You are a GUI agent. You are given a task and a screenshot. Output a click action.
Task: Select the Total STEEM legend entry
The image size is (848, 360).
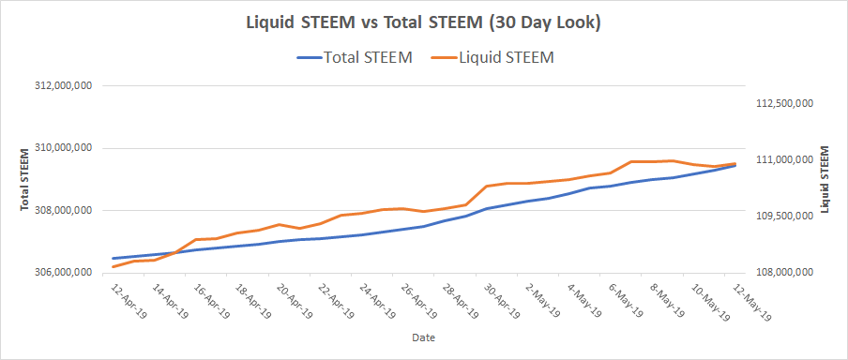coord(355,58)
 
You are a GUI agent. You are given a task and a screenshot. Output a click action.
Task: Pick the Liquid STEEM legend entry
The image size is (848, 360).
coord(492,58)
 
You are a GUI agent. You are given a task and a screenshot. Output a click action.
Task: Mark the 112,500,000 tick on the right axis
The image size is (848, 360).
coord(781,104)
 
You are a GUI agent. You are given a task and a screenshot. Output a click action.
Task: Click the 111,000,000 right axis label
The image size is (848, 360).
coord(781,160)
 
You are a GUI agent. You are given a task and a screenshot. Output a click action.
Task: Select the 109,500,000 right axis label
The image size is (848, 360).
coord(781,217)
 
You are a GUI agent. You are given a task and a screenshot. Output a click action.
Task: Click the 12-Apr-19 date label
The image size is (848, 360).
coord(129,300)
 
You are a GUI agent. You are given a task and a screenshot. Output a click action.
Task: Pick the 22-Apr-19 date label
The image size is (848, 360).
coord(336,300)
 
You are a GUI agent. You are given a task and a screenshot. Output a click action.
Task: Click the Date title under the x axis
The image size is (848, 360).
coord(423,337)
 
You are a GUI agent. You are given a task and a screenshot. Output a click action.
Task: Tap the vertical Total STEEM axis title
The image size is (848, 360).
coord(25,179)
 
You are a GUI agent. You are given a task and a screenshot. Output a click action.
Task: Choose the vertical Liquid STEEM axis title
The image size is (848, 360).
coord(825,179)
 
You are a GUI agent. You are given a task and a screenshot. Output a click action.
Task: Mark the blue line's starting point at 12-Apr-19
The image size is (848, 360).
coord(113,259)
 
